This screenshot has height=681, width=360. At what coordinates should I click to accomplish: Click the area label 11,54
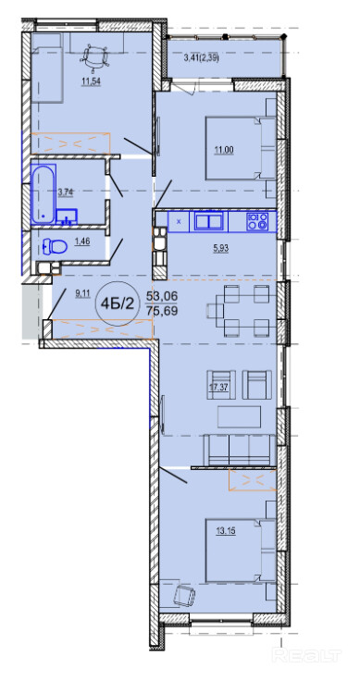click(92, 81)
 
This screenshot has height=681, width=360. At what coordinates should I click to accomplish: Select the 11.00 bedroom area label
click(224, 150)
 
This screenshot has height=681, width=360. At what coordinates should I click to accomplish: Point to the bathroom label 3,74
click(65, 192)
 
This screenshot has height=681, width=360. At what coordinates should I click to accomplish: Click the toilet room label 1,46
click(82, 241)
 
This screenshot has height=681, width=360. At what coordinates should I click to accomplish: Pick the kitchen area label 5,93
click(221, 248)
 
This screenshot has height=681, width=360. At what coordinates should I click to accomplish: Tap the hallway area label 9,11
click(82, 293)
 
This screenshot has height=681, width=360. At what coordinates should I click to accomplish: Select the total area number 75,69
click(162, 311)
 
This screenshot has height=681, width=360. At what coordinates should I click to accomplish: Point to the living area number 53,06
click(162, 297)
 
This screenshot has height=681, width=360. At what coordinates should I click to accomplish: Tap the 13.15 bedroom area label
click(226, 531)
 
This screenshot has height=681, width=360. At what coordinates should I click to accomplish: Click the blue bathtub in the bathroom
click(43, 193)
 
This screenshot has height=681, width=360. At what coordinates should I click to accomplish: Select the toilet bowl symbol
click(55, 247)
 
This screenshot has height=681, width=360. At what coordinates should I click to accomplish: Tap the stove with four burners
click(256, 221)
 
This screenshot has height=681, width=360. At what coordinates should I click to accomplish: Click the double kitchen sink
click(209, 221)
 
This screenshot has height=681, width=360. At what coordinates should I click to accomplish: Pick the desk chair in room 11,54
click(95, 56)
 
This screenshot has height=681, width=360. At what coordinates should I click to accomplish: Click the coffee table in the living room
click(240, 417)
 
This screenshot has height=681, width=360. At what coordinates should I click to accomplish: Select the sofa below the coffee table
click(240, 451)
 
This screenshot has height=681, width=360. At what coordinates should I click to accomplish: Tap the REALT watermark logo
click(306, 654)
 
